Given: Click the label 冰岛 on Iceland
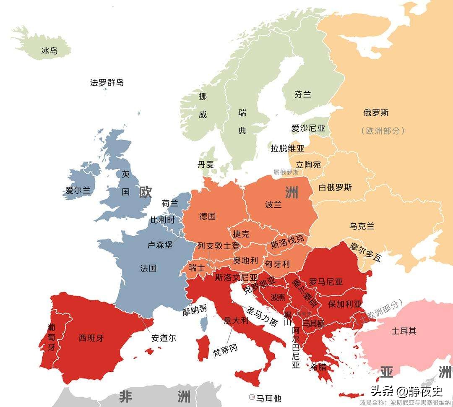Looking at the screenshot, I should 49,51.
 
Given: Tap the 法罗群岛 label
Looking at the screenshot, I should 107,82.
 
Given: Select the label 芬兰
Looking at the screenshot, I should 303,94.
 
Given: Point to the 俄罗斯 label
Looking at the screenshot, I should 376,112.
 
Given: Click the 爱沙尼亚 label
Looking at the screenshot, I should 308,128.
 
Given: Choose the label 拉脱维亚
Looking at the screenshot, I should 287,148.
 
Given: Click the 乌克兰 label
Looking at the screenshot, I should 362,226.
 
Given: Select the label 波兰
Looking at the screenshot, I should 273,205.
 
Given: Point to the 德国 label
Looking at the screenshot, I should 208,217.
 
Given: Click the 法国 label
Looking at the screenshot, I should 148,268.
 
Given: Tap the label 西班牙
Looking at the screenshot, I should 91,338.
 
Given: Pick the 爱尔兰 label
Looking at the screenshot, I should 78,190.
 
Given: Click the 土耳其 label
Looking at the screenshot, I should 404,331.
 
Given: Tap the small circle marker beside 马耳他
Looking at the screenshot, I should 252,397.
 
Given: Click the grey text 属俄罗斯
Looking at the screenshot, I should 286,172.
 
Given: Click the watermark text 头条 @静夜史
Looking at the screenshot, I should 401,391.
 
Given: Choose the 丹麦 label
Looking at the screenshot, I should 206,164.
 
